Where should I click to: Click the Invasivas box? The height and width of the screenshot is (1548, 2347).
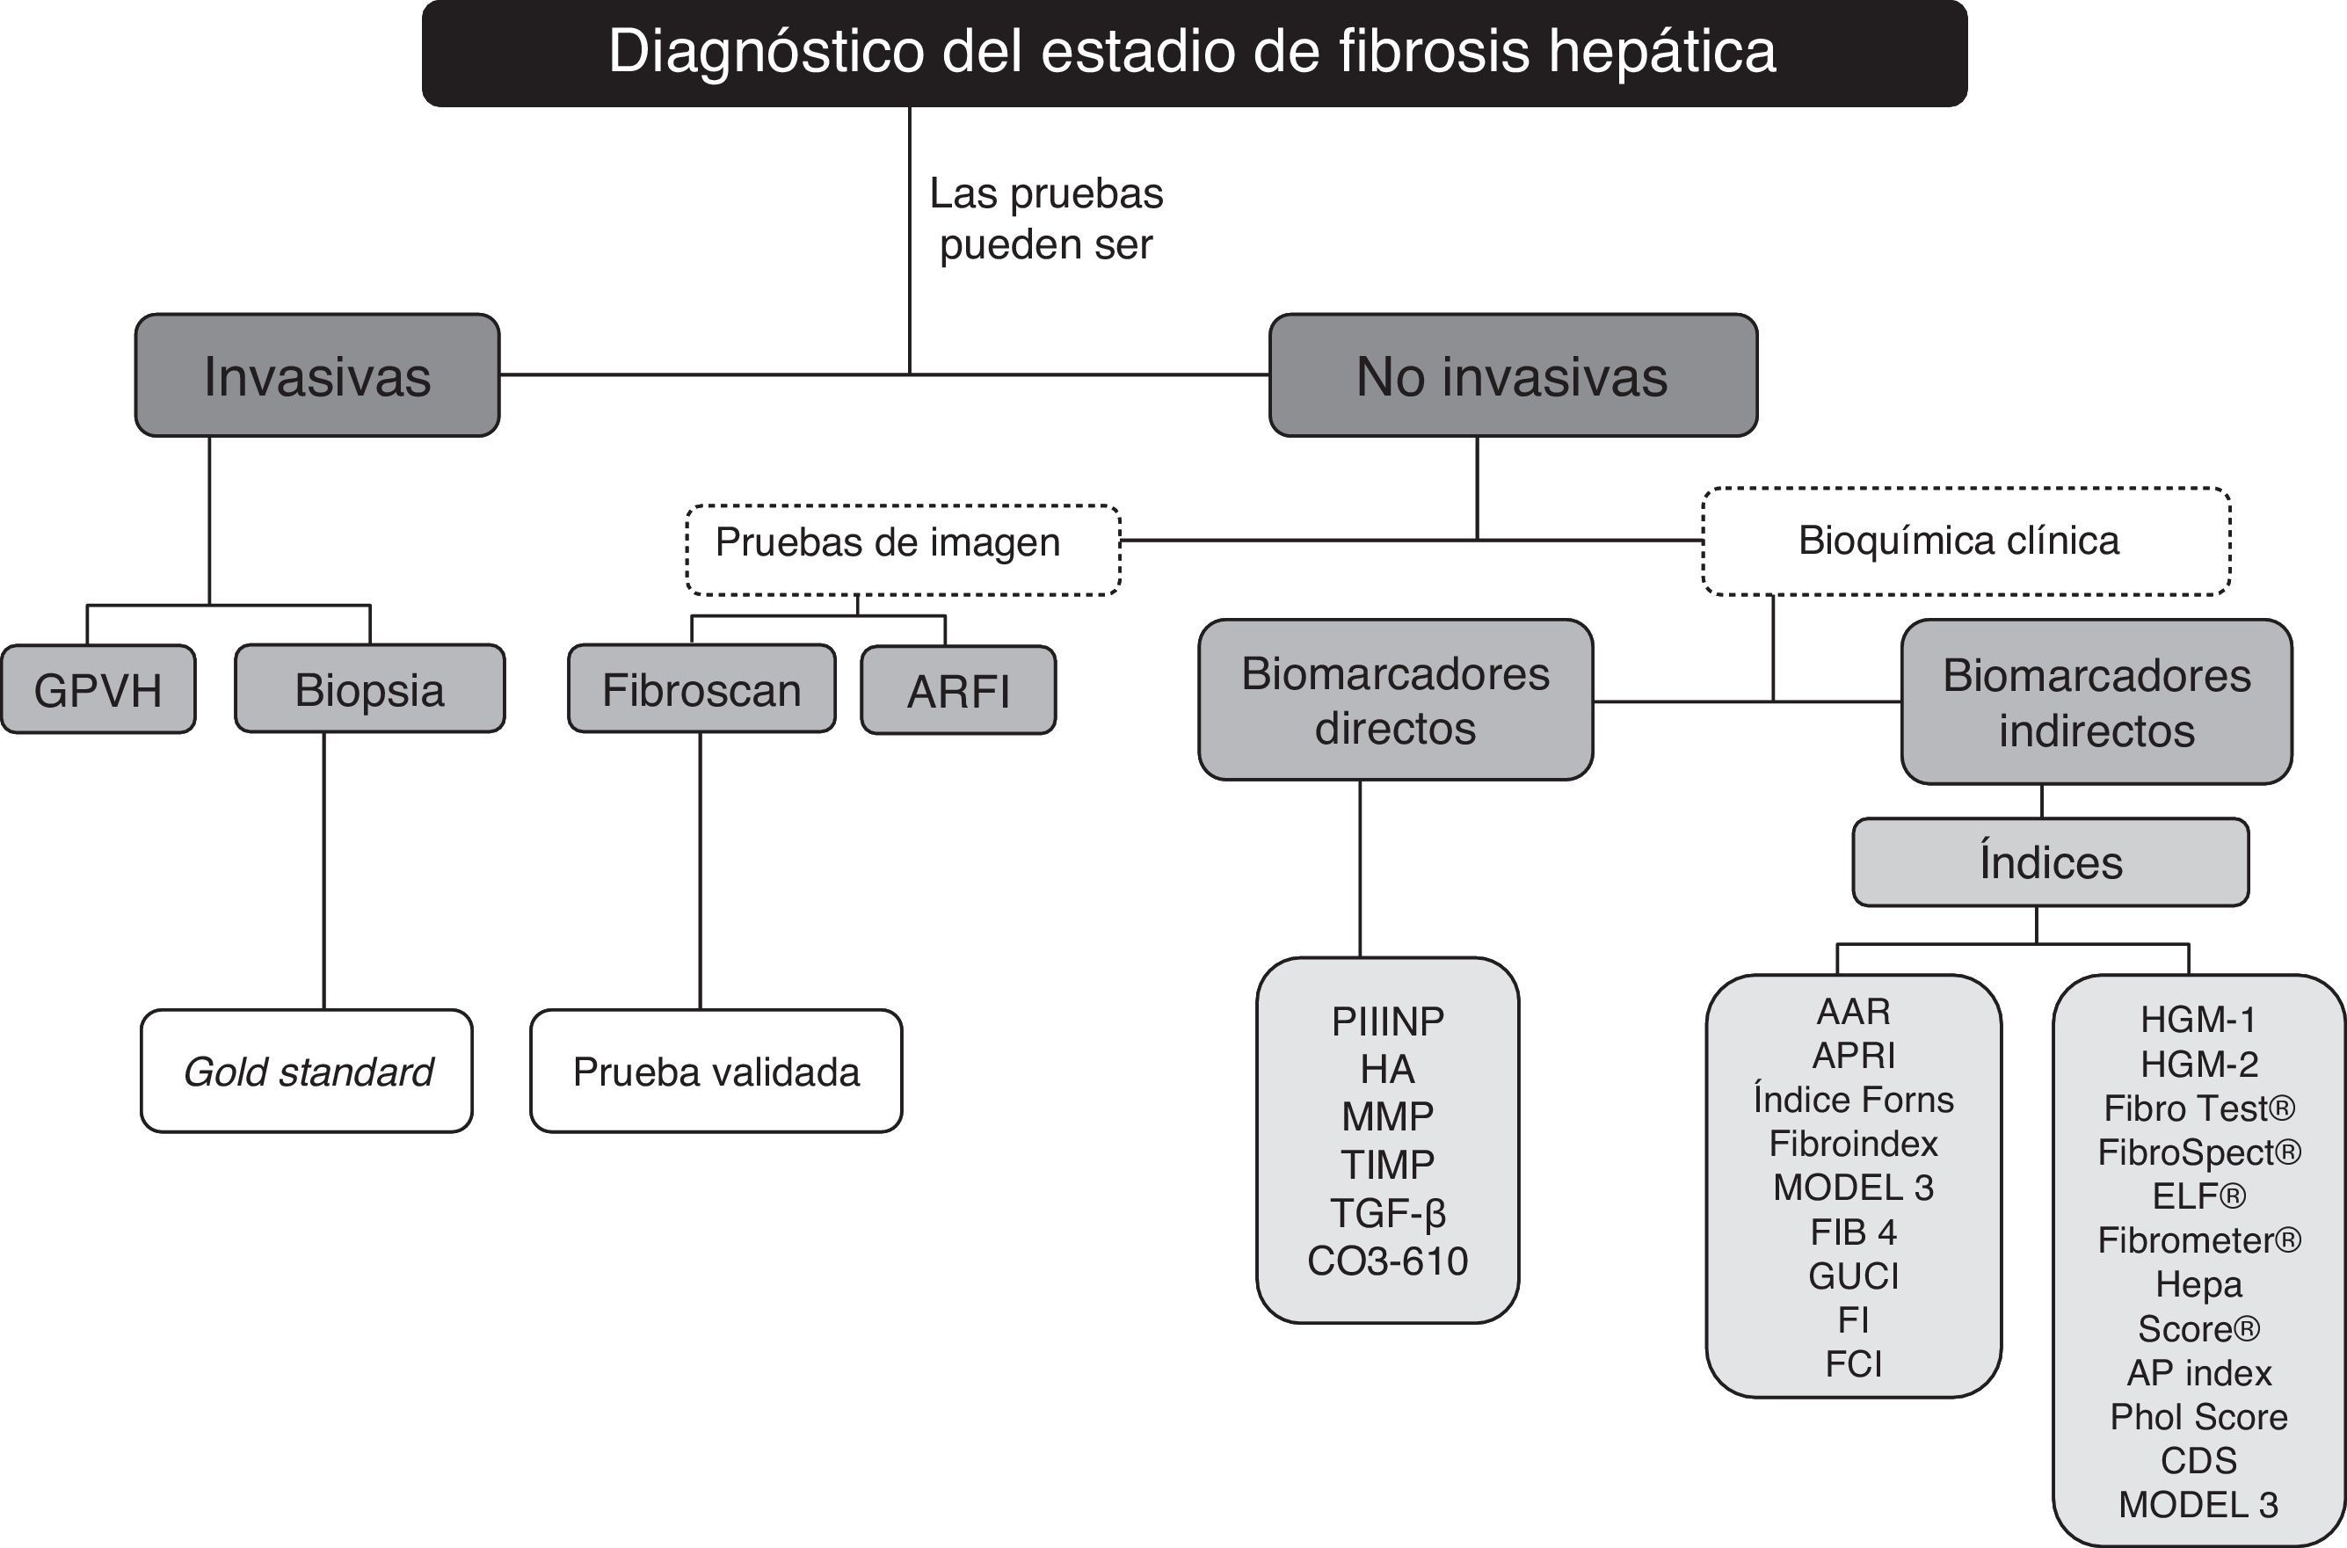click(x=316, y=376)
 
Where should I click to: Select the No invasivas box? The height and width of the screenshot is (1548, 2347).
click(x=1512, y=376)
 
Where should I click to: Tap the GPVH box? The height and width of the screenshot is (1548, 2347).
click(x=98, y=690)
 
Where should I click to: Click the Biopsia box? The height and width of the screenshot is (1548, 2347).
click(x=369, y=690)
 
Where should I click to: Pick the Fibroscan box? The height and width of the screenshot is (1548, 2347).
click(x=701, y=690)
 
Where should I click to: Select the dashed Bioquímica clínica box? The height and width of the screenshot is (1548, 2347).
click(x=1965, y=541)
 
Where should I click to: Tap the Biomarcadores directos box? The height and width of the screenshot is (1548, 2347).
click(x=1395, y=701)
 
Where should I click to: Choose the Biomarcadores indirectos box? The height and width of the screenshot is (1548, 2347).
click(x=2096, y=703)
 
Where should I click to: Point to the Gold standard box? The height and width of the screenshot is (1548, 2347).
click(x=307, y=1072)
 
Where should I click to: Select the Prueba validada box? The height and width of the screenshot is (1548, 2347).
click(x=716, y=1072)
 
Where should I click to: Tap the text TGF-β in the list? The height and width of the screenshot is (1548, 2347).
click(x=1388, y=1212)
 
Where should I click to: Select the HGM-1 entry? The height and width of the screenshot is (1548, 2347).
click(x=2198, y=1019)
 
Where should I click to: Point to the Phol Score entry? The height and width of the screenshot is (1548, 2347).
click(x=2198, y=1417)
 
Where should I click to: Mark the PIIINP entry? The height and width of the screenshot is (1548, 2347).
click(x=1388, y=1021)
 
